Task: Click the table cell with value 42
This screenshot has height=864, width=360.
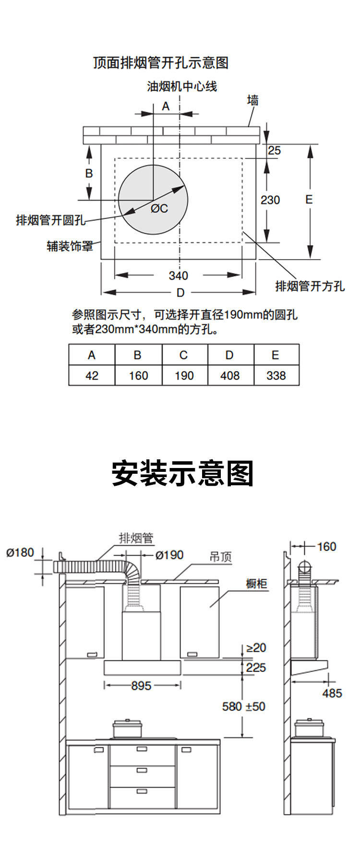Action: click(92, 375)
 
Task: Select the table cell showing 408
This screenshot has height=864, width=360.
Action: click(230, 375)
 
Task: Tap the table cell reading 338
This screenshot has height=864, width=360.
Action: click(276, 375)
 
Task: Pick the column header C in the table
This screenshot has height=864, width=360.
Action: click(184, 355)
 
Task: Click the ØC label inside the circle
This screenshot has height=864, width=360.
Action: click(159, 208)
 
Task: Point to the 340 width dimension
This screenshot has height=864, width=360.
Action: click(178, 276)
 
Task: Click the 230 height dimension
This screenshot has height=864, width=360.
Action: click(270, 200)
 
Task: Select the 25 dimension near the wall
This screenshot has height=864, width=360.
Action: click(274, 151)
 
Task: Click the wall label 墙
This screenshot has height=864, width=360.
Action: click(253, 100)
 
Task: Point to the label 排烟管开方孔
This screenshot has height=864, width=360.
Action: click(310, 286)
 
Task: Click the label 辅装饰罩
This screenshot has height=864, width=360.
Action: click(70, 246)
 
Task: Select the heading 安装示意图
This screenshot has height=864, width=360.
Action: click(182, 473)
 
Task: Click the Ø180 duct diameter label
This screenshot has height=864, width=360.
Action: click(20, 552)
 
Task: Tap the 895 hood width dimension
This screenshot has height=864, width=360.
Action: click(141, 686)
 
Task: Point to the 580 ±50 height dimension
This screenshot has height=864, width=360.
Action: click(243, 707)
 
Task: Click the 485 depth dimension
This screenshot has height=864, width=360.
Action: click(332, 693)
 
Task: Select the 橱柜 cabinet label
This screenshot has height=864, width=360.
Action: click(256, 584)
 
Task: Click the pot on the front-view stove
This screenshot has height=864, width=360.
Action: click(128, 728)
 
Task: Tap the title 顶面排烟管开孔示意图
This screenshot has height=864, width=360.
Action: click(161, 63)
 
